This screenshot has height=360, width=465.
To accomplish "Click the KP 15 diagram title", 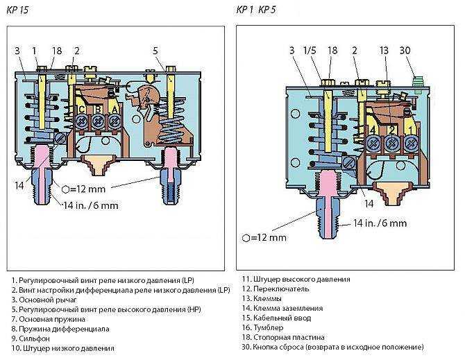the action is (x=17, y=10).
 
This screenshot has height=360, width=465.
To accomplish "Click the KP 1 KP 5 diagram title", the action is (x=256, y=10).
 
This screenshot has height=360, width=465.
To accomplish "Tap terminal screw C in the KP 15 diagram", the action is (x=81, y=121).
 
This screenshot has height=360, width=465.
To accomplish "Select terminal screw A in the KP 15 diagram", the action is (x=115, y=121).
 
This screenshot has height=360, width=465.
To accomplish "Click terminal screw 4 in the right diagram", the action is (x=373, y=144).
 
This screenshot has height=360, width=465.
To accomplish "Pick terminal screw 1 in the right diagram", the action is (x=412, y=144).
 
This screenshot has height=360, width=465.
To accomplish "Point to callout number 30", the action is (x=405, y=51).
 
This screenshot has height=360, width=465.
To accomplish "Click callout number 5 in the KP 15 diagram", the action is (x=155, y=51).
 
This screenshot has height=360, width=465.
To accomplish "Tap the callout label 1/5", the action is (x=310, y=51).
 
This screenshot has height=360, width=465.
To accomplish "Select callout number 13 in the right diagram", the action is (x=384, y=51).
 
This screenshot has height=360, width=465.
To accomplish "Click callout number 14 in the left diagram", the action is (x=19, y=186).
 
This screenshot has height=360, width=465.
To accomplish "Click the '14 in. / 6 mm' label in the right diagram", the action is (x=380, y=223).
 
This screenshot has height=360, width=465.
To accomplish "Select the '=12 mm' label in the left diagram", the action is (x=83, y=189).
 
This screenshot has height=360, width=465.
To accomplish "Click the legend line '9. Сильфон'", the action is (x=31, y=338).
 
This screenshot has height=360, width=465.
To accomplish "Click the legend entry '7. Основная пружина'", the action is (x=49, y=319).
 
